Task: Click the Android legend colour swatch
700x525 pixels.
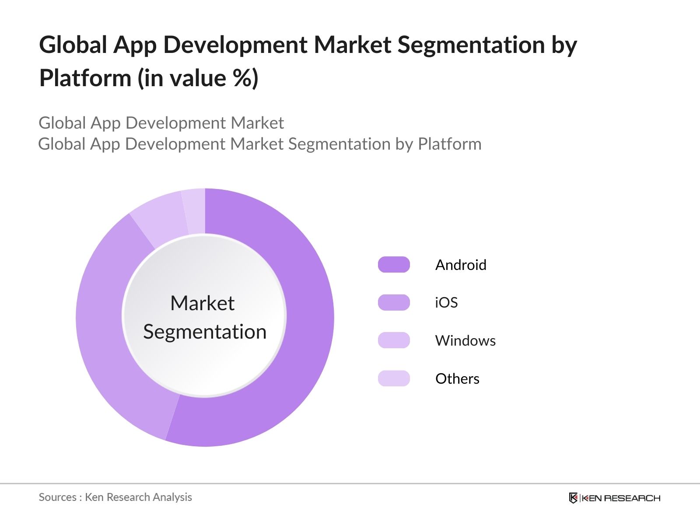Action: tap(394, 265)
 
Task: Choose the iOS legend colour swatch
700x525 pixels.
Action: tap(394, 302)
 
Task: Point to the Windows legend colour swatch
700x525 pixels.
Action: tap(394, 340)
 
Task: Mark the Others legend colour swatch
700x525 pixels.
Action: tap(394, 378)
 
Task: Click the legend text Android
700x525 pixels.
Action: tap(461, 265)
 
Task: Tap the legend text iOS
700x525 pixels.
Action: tap(446, 302)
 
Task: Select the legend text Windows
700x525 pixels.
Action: tap(465, 340)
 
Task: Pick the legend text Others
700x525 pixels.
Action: tap(457, 378)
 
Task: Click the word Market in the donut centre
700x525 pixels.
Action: tap(203, 303)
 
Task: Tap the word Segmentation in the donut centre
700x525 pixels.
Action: tap(205, 332)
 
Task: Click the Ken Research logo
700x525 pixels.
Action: tap(614, 498)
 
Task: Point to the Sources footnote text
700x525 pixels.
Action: tap(115, 497)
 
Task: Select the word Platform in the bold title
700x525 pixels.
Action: tap(85, 78)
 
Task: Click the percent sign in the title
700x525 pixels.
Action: tap(241, 78)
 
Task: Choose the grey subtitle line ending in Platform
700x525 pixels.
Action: tap(260, 144)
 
